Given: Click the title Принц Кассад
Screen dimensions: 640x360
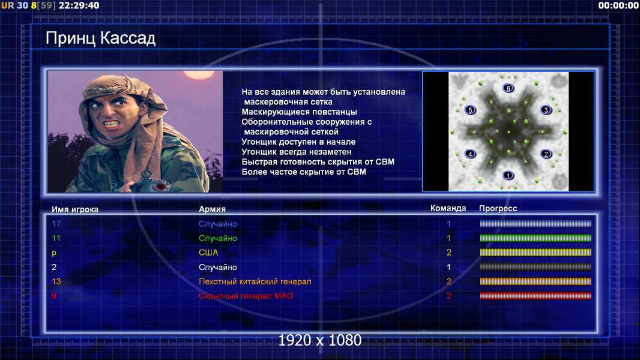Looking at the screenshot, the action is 100,38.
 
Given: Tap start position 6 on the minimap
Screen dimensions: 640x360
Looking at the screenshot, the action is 508,88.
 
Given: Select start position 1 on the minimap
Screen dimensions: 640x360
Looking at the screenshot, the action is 508,175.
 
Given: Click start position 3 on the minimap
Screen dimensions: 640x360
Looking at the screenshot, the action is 546,110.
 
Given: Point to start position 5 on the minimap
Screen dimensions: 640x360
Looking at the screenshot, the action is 470,110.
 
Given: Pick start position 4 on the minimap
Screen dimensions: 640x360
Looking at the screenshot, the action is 470,154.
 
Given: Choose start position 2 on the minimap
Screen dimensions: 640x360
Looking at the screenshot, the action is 546,154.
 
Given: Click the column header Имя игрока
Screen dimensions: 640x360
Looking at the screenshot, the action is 74,209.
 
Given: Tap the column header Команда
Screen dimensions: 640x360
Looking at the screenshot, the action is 448,208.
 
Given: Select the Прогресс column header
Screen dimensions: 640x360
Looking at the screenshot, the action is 498,208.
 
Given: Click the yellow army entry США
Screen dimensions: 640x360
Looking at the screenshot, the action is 208,253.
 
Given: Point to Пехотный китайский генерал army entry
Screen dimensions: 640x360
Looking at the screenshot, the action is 255,281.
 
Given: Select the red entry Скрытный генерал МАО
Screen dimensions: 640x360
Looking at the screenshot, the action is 246,296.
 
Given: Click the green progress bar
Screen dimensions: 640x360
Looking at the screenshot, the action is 536,238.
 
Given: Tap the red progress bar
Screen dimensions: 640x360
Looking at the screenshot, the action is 536,296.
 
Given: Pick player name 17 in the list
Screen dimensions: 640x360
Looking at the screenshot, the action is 56,223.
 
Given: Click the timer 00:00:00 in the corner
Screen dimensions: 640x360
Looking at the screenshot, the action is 618,5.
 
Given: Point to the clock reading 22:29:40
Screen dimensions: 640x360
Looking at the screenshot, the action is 79,5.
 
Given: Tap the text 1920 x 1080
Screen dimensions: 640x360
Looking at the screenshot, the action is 320,340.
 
